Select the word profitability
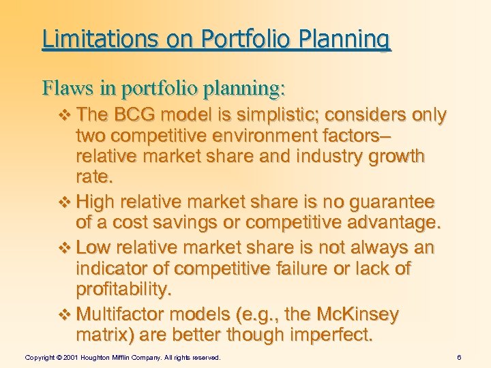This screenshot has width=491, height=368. [124, 290]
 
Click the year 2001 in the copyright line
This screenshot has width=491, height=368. [69, 357]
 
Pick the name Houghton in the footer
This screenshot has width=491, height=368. [98, 357]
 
